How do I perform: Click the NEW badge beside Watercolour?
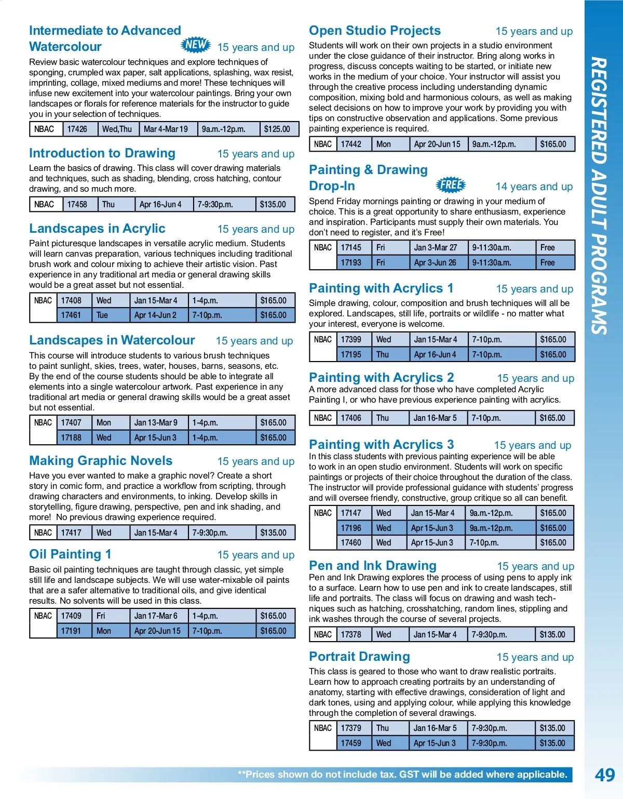click(x=196, y=45)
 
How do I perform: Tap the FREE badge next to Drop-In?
click(x=451, y=184)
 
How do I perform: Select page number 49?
click(x=604, y=775)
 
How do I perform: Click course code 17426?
click(x=77, y=129)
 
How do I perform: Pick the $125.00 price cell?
click(x=277, y=129)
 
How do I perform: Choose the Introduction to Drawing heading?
click(x=102, y=153)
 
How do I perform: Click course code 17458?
click(x=77, y=204)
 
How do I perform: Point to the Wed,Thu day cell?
click(x=117, y=129)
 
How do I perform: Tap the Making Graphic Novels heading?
click(x=101, y=461)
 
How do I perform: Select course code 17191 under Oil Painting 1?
click(x=71, y=631)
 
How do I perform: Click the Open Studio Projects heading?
click(x=375, y=31)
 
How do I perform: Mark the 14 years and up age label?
click(x=534, y=187)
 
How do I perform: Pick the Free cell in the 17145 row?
click(x=548, y=248)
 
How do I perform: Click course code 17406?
click(x=351, y=418)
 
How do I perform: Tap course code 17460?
click(x=351, y=542)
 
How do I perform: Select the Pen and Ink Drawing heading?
click(x=373, y=566)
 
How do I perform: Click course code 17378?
click(x=351, y=634)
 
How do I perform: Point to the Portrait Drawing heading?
click(x=359, y=657)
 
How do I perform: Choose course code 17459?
click(x=351, y=743)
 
